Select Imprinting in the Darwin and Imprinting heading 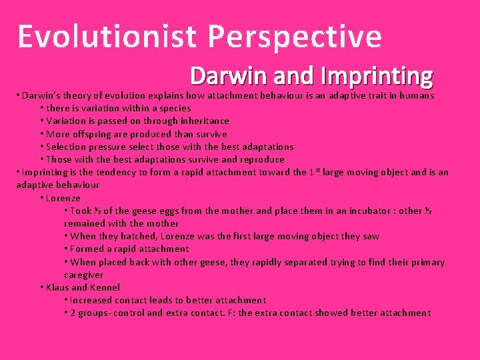(377, 77)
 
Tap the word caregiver (84, 275)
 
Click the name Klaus (58, 287)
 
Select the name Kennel (104, 287)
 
